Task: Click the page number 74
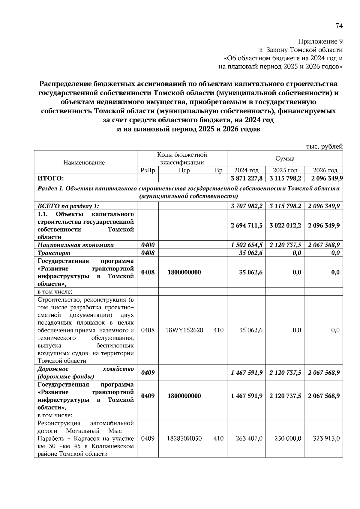[339, 26]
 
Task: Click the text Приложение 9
[320, 41]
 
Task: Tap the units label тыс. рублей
[324, 147]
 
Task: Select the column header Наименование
[84, 162]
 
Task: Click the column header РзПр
[148, 170]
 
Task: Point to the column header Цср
[184, 170]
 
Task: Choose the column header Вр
[218, 170]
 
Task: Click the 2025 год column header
[285, 170]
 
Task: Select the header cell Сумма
[285, 158]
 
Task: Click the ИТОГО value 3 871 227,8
[247, 178]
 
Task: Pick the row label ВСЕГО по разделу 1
[68, 206]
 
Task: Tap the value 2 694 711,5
[247, 225]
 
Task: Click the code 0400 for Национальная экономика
[148, 245]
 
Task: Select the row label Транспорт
[54, 253]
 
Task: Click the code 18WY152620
[184, 330]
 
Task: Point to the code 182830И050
[184, 438]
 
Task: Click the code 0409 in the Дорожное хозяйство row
[148, 373]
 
